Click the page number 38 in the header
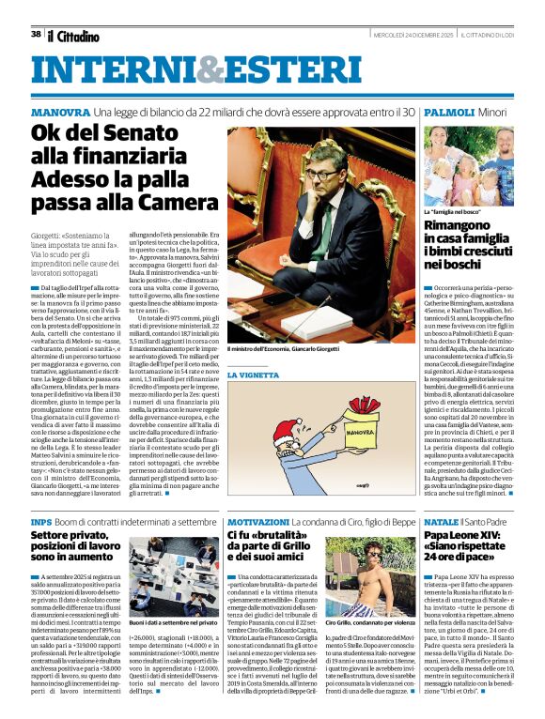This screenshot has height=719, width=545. click(x=36, y=35)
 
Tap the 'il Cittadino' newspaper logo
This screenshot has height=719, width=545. click(x=72, y=36)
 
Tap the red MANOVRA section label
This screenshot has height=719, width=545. click(x=59, y=111)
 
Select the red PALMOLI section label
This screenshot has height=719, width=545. click(x=449, y=111)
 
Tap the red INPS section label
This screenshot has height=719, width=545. click(x=41, y=521)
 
